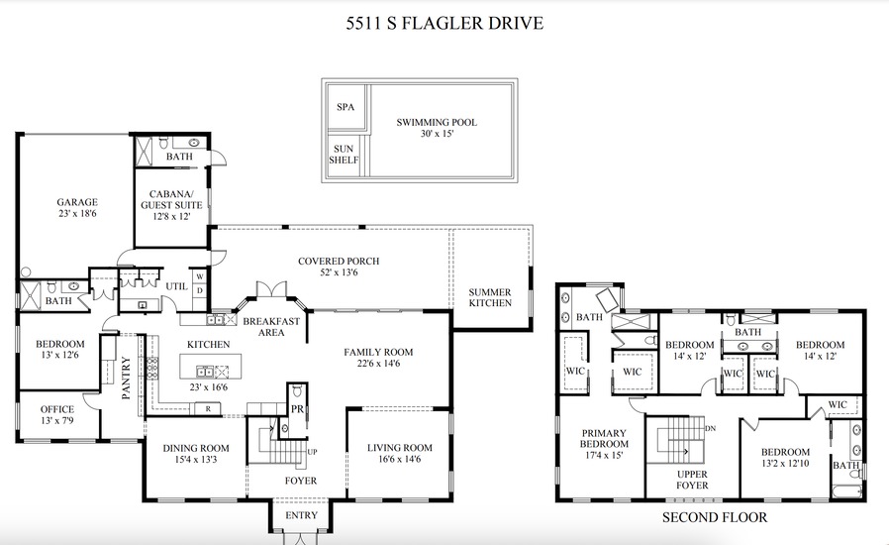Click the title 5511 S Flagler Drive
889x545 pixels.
444,23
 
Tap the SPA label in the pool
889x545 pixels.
346,107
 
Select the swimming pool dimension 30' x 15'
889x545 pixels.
438,134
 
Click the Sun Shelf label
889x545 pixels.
344,155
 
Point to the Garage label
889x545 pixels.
77,202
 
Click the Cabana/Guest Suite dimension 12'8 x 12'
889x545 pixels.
171,216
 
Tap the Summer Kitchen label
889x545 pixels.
490,297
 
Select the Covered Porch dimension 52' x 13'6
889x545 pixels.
339,272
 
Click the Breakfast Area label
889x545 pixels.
271,326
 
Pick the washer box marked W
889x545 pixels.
200,276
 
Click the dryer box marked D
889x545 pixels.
200,290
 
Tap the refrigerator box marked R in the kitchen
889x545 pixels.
208,408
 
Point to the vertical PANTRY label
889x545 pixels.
126,379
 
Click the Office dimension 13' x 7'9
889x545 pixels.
57,421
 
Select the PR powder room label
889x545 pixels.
297,408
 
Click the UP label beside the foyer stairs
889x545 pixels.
312,452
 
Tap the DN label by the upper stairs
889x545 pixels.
711,429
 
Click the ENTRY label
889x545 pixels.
301,515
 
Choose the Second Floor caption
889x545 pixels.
715,517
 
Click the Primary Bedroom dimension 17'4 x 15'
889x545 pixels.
604,455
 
